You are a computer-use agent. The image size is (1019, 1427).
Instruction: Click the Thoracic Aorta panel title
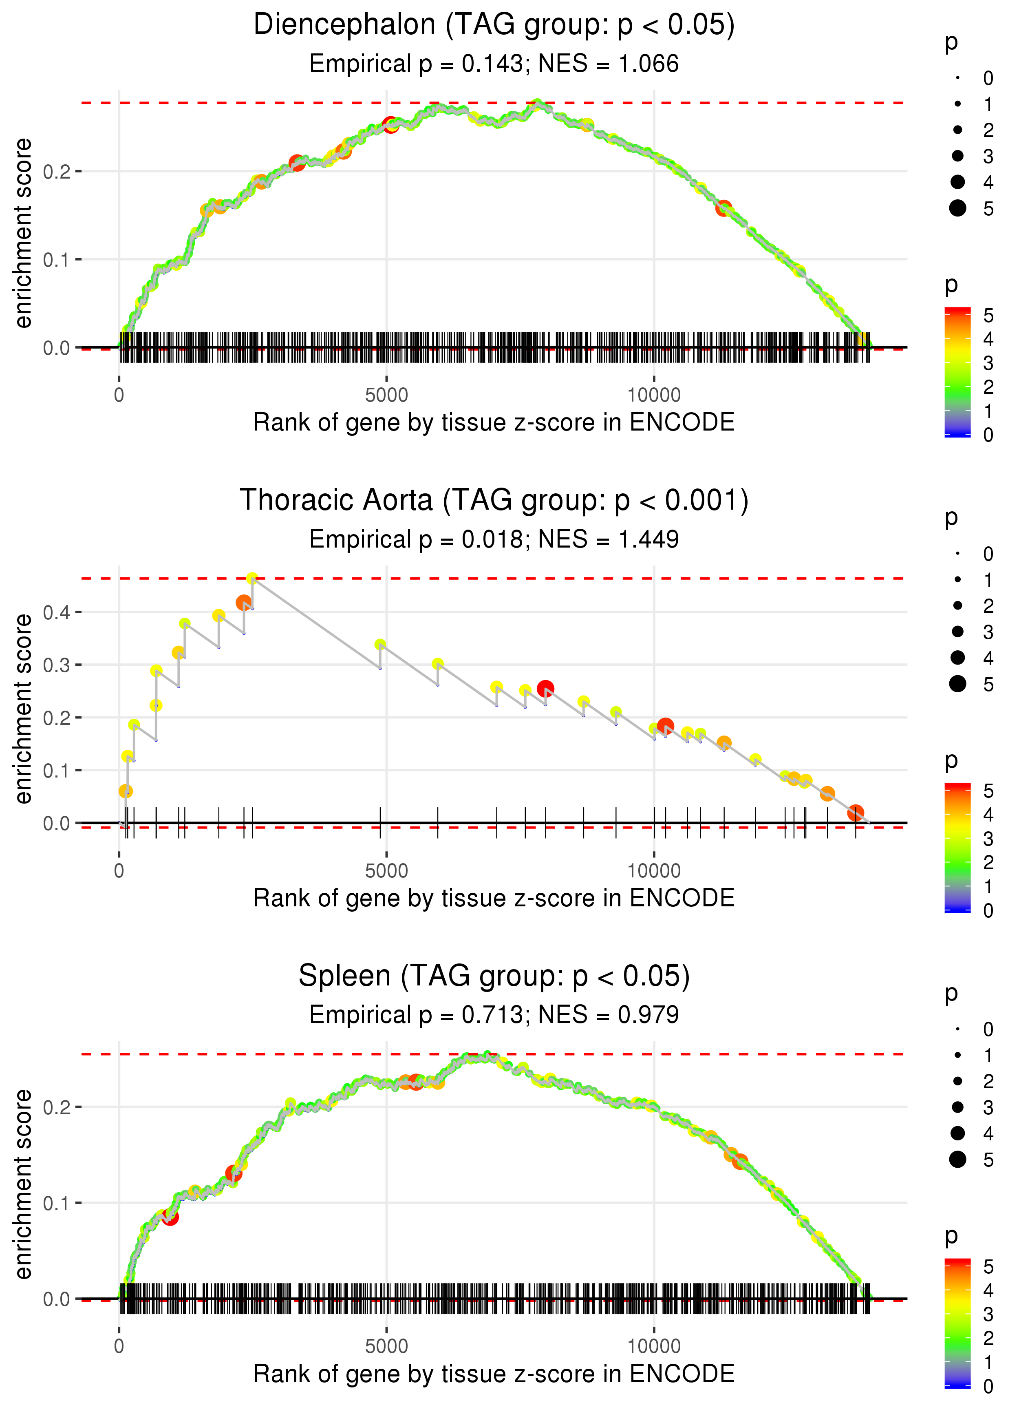[x=494, y=501]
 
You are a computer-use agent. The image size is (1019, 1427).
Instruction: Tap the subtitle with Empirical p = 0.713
[x=416, y=1015]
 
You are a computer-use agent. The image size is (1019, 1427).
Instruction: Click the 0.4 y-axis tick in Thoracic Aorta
[x=57, y=612]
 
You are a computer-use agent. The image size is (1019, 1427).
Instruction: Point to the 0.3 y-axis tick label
[x=57, y=665]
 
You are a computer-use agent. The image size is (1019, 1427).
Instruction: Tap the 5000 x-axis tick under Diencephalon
[x=386, y=395]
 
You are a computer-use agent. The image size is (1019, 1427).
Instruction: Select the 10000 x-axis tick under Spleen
[x=654, y=1347]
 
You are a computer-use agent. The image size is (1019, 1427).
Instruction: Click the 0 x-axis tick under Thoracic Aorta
[x=119, y=871]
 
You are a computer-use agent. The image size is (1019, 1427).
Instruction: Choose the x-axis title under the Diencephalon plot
[x=494, y=423]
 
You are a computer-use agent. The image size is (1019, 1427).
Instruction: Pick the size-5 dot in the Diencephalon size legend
[x=957, y=208]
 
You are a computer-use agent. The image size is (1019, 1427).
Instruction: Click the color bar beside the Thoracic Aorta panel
[x=957, y=847]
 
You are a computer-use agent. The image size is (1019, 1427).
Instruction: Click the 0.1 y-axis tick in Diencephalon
[x=57, y=260]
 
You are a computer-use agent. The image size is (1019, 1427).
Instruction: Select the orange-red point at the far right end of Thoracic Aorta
[x=855, y=813]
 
